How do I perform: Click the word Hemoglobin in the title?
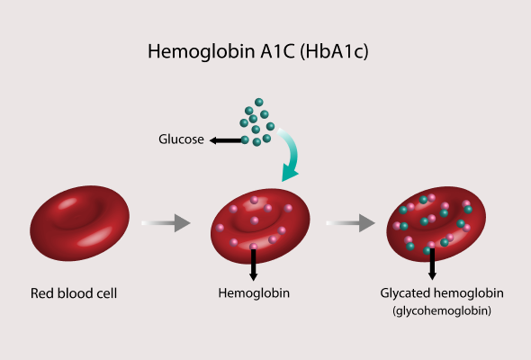(x=202, y=52)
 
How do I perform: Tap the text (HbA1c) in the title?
(x=334, y=52)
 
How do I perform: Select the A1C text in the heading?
(x=277, y=51)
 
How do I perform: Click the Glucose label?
(x=181, y=139)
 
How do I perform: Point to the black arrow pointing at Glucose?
(x=226, y=140)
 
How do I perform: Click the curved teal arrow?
(x=292, y=153)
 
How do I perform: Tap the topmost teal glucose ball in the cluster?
(x=258, y=102)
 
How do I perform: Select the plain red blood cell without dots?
(x=79, y=223)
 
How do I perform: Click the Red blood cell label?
(x=74, y=293)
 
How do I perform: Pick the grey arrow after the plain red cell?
(x=166, y=223)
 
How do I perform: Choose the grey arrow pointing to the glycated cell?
(x=350, y=223)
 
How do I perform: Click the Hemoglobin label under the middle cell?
(x=254, y=293)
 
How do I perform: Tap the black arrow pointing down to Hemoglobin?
(x=253, y=265)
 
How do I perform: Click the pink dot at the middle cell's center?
(x=255, y=220)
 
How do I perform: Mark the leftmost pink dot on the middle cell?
(x=220, y=228)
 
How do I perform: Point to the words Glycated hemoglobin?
(x=442, y=293)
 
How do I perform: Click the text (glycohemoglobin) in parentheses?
(x=442, y=310)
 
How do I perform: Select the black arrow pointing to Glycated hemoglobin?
(x=432, y=265)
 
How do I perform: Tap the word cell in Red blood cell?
(x=108, y=293)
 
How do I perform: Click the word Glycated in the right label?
(x=405, y=293)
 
